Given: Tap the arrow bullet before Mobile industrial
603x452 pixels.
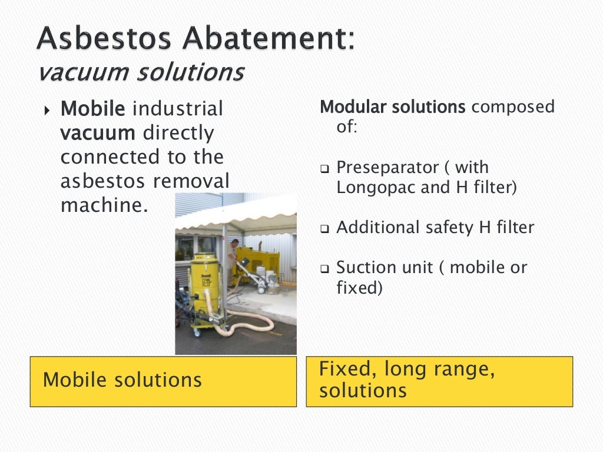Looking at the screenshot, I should (x=48, y=110).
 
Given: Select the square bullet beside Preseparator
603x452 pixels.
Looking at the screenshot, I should (x=325, y=168).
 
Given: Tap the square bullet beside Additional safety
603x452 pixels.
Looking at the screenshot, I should (x=325, y=229).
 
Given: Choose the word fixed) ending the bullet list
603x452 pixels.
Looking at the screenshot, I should (x=359, y=289).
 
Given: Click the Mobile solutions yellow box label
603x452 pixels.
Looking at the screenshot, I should (x=122, y=380).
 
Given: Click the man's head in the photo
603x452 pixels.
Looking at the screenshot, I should (x=235, y=242).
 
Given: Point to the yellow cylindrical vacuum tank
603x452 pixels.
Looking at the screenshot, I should (x=204, y=280).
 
